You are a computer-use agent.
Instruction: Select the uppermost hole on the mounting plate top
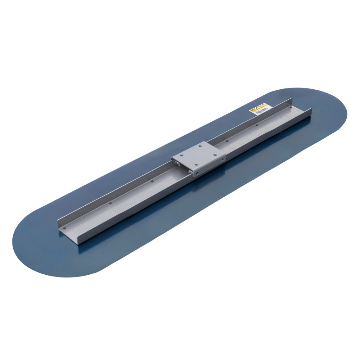pos(200,147)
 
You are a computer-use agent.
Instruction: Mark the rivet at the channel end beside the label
pos(290,107)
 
